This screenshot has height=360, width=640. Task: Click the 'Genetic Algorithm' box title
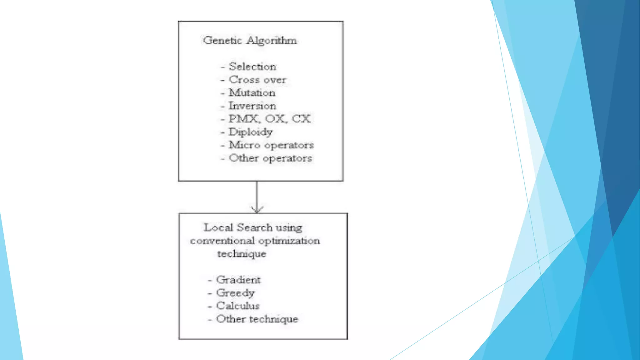click(250, 41)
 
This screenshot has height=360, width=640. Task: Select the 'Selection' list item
click(252, 67)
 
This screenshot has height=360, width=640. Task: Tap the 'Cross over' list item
click(257, 80)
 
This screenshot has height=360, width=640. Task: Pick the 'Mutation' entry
click(252, 93)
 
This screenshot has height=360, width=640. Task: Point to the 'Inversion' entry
click(252, 106)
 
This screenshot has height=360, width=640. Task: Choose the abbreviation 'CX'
click(301, 119)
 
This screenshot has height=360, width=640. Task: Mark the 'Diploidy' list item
click(251, 132)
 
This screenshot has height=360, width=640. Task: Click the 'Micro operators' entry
click(271, 145)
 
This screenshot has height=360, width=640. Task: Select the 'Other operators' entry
click(270, 158)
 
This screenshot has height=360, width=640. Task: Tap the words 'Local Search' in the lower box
click(238, 227)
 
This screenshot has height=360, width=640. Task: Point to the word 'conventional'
click(222, 241)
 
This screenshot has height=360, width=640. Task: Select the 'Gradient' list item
click(238, 280)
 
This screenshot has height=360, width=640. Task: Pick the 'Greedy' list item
click(236, 293)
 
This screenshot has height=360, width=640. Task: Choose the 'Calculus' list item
click(238, 306)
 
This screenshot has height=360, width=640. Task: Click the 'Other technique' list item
click(257, 319)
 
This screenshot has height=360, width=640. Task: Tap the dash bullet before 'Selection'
click(223, 67)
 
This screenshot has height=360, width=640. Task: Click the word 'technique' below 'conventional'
click(242, 254)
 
